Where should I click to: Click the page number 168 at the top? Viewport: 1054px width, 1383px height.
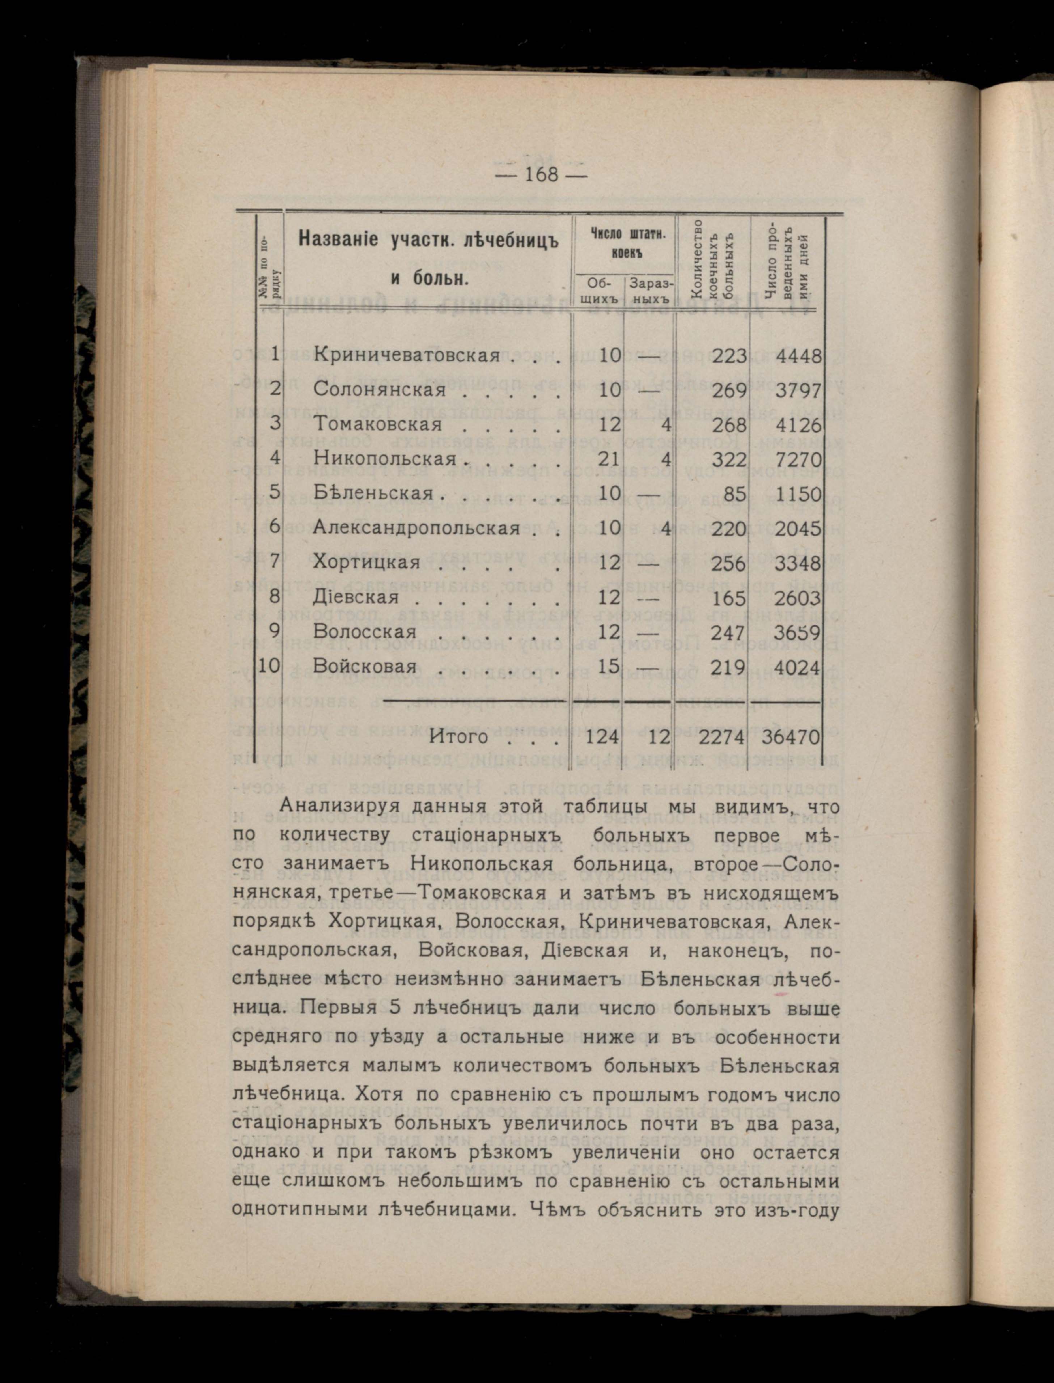pyautogui.click(x=540, y=174)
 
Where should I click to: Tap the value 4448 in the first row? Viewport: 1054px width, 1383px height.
pyautogui.click(x=797, y=356)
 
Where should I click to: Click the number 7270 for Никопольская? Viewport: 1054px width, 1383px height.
pyautogui.click(x=797, y=459)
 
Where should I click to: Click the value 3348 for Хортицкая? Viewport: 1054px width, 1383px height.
pyautogui.click(x=797, y=563)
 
